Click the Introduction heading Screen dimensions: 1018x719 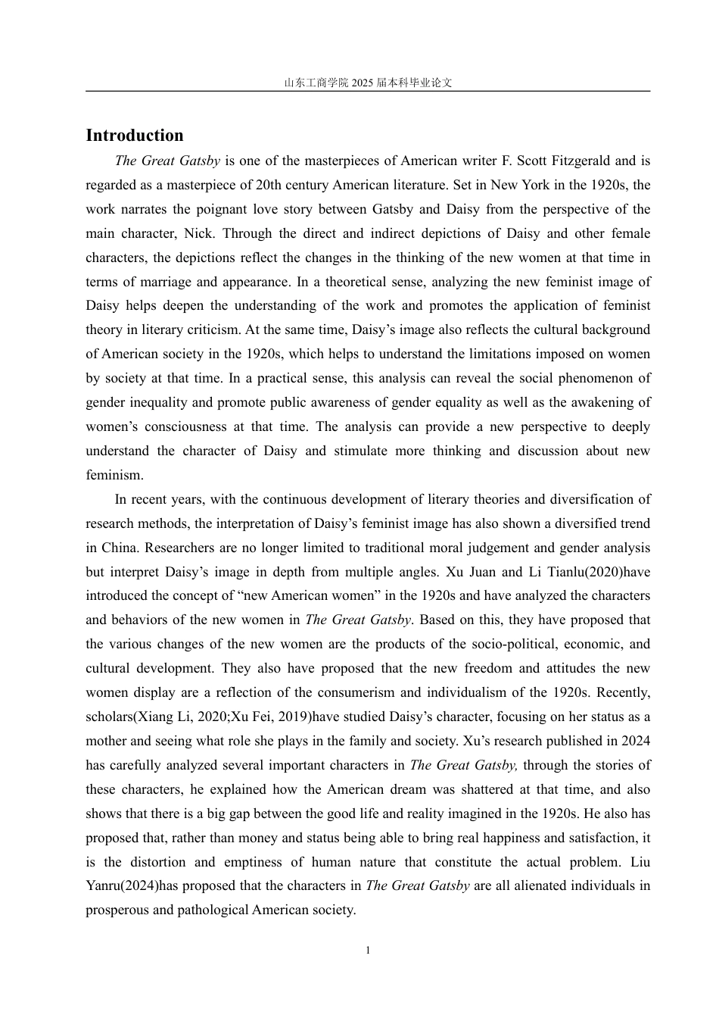pos(135,136)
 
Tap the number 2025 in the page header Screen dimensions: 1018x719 pos(363,83)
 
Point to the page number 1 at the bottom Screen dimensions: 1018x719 pos(368,951)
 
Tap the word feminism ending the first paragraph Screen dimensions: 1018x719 pos(114,475)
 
